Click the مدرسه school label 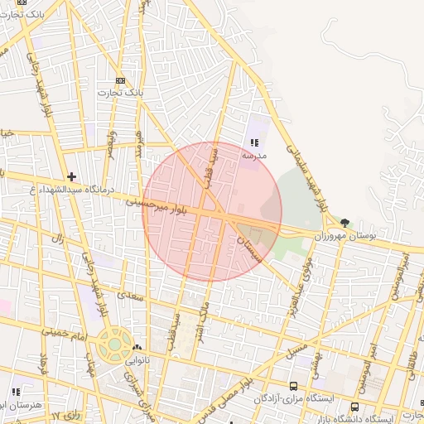tap(253, 155)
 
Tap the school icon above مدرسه tap(253, 143)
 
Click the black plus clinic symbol tap(72, 176)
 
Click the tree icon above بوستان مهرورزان tap(344, 222)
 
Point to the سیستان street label tap(248, 248)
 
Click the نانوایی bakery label tap(137, 361)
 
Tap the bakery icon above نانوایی tap(137, 349)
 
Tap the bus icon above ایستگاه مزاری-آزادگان tap(293, 386)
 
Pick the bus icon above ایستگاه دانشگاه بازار tap(355, 407)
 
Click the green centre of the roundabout tap(112, 343)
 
